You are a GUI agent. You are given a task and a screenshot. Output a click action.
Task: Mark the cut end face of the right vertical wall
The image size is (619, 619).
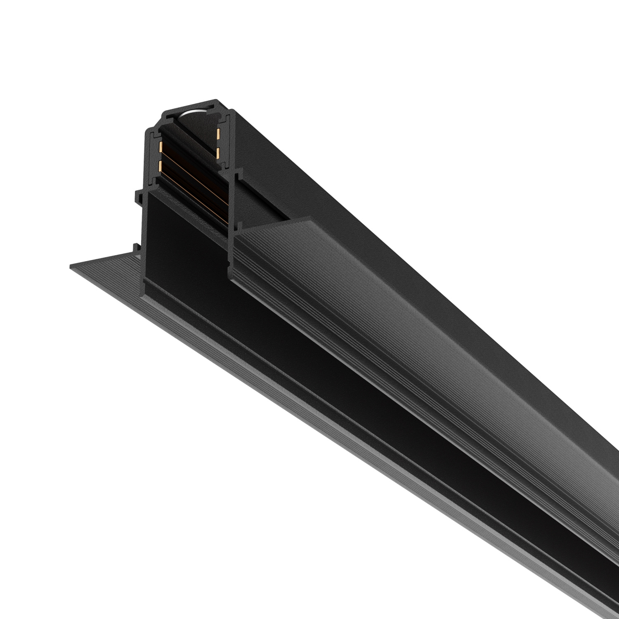click(x=232, y=215)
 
